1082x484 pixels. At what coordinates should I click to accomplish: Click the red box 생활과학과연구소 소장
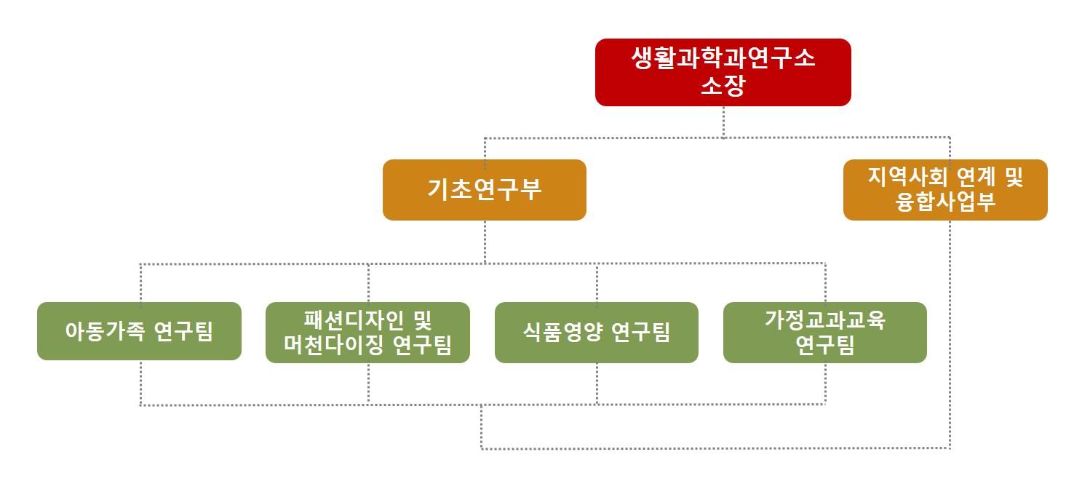click(723, 73)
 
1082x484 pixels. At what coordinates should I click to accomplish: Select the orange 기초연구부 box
click(485, 190)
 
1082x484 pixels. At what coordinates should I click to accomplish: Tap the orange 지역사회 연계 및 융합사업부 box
click(945, 190)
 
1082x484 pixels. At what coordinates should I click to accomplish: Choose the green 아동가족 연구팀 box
click(139, 331)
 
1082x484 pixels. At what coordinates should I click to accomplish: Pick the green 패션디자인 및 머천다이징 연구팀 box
click(367, 333)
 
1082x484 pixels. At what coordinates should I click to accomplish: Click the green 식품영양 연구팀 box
click(597, 333)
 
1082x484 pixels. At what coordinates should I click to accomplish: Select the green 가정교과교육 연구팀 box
click(825, 333)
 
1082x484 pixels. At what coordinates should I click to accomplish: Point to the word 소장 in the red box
click(723, 85)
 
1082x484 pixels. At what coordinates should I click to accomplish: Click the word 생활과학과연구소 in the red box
click(723, 58)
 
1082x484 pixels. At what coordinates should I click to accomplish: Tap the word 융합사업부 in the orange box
click(945, 202)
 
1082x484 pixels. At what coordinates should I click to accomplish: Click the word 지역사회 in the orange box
click(907, 176)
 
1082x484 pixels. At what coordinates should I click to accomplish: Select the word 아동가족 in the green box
click(105, 331)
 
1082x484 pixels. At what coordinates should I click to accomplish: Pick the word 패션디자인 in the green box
click(354, 320)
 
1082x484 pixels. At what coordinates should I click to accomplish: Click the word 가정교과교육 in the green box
click(825, 320)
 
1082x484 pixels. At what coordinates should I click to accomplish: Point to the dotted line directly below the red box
click(723, 122)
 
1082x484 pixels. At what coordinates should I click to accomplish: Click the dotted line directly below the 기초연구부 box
click(485, 242)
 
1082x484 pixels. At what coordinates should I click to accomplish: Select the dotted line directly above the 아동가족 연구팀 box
click(140, 283)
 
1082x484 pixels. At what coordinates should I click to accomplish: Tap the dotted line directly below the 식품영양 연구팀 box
click(597, 384)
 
